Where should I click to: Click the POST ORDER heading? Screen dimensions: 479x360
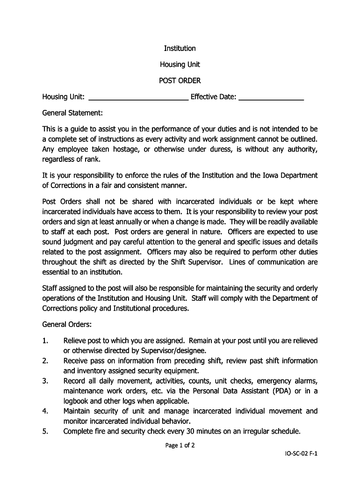[x=180, y=80]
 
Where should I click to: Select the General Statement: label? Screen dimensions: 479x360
[x=72, y=113]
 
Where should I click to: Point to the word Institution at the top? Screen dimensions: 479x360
[x=180, y=49]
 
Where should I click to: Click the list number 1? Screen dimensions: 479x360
[x=45, y=341]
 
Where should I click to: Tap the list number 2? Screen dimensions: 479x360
[x=45, y=361]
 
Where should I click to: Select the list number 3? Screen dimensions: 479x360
[x=45, y=381]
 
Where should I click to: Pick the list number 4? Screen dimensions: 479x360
[x=45, y=411]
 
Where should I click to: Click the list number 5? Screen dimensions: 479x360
[x=45, y=431]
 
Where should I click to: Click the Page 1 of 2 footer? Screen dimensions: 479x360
[x=180, y=445]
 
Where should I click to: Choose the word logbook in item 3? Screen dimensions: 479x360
[x=77, y=401]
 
